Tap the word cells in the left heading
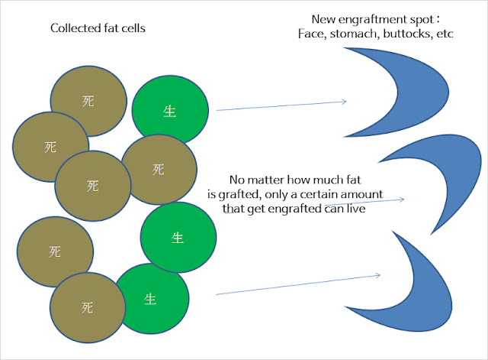pos(133,28)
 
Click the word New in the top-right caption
pos(323,20)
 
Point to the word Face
pos(312,34)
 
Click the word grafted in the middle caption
pos(239,195)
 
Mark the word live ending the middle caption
pos(356,209)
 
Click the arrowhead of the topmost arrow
pos(344,102)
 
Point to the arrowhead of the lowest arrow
pos(378,275)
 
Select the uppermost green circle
pos(170,110)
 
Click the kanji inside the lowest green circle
pos(150,299)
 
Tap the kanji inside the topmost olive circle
pos(88,102)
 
